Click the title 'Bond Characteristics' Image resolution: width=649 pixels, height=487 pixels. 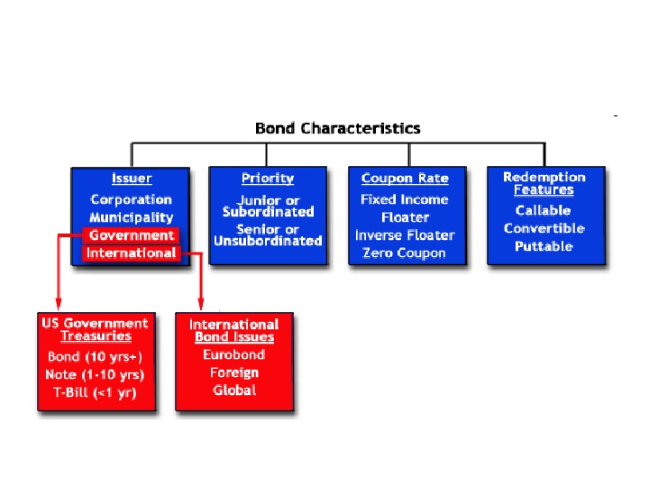pyautogui.click(x=337, y=128)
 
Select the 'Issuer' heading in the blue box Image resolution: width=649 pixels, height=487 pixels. pyautogui.click(x=132, y=179)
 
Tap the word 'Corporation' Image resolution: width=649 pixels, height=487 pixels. pyautogui.click(x=132, y=199)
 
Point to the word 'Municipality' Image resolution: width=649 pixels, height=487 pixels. pyautogui.click(x=132, y=217)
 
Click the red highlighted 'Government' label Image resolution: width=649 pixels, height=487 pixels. pyautogui.click(x=132, y=235)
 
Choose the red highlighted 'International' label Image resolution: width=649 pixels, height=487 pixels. pyautogui.click(x=132, y=253)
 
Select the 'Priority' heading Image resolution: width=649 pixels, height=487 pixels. pyautogui.click(x=268, y=179)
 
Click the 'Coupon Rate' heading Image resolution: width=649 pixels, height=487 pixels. pyautogui.click(x=405, y=179)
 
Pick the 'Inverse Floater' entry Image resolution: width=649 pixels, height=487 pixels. pyautogui.click(x=405, y=235)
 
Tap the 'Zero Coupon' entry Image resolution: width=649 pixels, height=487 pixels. pyautogui.click(x=405, y=253)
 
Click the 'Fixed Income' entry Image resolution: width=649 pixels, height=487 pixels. pyautogui.click(x=405, y=199)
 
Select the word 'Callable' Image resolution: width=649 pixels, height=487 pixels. pyautogui.click(x=544, y=210)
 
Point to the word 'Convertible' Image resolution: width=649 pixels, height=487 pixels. pyautogui.click(x=544, y=228)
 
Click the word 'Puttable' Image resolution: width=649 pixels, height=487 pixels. pyautogui.click(x=544, y=246)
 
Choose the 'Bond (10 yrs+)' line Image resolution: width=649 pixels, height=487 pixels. pyautogui.click(x=96, y=357)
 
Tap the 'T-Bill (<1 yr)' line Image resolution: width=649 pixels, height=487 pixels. pyautogui.click(x=96, y=392)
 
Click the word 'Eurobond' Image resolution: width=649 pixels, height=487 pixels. pyautogui.click(x=234, y=354)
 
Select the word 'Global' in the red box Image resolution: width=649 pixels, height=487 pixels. pyautogui.click(x=234, y=391)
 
